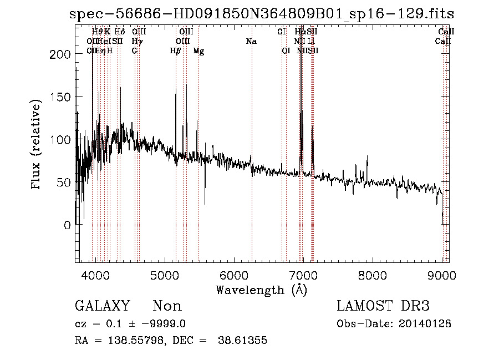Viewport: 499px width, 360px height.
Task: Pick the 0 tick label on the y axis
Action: click(x=67, y=225)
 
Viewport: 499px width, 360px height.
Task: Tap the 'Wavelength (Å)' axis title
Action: click(x=261, y=290)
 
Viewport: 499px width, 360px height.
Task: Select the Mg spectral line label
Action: click(x=198, y=51)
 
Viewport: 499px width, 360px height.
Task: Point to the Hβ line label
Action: click(x=175, y=51)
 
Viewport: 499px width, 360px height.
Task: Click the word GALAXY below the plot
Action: click(x=102, y=306)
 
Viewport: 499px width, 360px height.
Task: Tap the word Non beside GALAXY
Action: click(x=167, y=306)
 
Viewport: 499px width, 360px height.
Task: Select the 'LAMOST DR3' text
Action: click(x=383, y=306)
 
